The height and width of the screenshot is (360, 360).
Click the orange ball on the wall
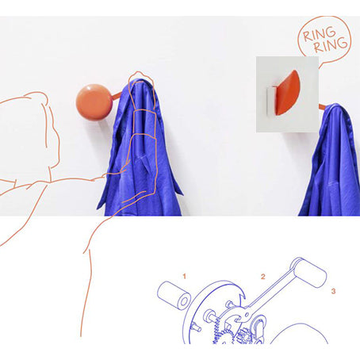(x=94, y=102)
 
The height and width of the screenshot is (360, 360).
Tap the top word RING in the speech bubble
(x=319, y=34)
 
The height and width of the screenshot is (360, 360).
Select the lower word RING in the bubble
(x=331, y=45)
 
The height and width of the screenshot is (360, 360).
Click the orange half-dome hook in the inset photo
(x=286, y=93)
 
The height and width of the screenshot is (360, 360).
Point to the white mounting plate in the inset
(x=270, y=101)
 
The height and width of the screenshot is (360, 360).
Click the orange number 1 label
(x=184, y=277)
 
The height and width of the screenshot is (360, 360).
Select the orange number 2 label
(x=262, y=277)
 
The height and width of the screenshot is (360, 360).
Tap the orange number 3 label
(x=333, y=291)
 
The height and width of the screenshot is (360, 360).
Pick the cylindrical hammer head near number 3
(x=308, y=273)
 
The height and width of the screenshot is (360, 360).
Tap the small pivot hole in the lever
(x=247, y=315)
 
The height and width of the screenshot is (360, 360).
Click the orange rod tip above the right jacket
(x=323, y=107)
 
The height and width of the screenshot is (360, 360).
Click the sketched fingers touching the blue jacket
(x=117, y=172)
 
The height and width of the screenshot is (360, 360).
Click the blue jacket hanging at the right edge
(x=331, y=160)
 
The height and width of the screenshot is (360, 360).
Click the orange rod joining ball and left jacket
(x=116, y=96)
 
